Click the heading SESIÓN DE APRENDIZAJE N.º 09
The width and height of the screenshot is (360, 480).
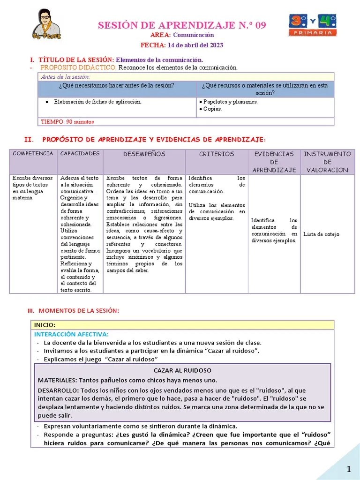(182, 25)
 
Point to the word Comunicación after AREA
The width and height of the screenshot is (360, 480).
(193, 35)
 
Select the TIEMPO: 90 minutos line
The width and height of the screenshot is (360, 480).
(67, 122)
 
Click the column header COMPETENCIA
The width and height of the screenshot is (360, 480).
(33, 154)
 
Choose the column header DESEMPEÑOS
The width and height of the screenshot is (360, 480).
(144, 154)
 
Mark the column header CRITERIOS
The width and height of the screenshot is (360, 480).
(217, 154)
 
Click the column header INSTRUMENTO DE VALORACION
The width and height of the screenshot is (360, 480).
(327, 162)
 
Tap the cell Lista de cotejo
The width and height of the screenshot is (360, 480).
(321, 234)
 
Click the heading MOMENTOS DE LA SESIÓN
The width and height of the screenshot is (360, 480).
(78, 311)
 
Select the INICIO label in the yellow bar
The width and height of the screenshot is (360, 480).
(45, 325)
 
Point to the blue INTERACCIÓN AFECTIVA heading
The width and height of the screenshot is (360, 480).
(71, 334)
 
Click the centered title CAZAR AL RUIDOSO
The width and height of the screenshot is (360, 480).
(182, 370)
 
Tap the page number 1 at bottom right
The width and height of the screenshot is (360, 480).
(348, 470)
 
